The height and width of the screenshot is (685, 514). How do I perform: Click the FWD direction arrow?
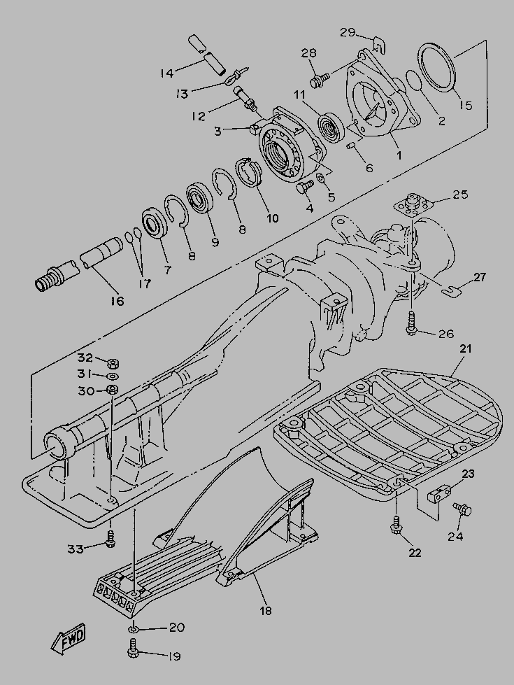69,639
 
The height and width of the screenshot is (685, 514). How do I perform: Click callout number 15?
466,105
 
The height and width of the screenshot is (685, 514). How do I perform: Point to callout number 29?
348,32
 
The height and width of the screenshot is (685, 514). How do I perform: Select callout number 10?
272,218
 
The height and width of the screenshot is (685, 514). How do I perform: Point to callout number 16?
117,301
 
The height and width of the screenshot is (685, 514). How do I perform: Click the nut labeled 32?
113,362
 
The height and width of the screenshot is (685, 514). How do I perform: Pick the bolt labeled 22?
396,525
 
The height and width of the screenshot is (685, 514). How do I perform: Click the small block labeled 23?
438,494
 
